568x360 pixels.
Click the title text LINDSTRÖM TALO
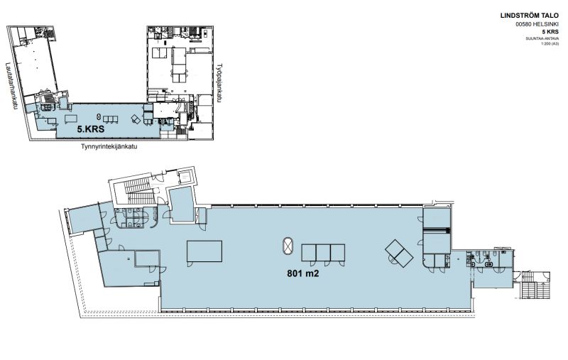pyautogui.click(x=530, y=15)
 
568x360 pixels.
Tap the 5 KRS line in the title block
pyautogui.click(x=549, y=33)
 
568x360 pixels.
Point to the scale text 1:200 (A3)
pyautogui.click(x=550, y=45)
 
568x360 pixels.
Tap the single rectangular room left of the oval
pyautogui.click(x=204, y=252)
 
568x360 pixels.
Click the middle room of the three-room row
pyautogui.click(x=323, y=253)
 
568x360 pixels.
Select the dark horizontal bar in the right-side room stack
pyautogui.click(x=436, y=230)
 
